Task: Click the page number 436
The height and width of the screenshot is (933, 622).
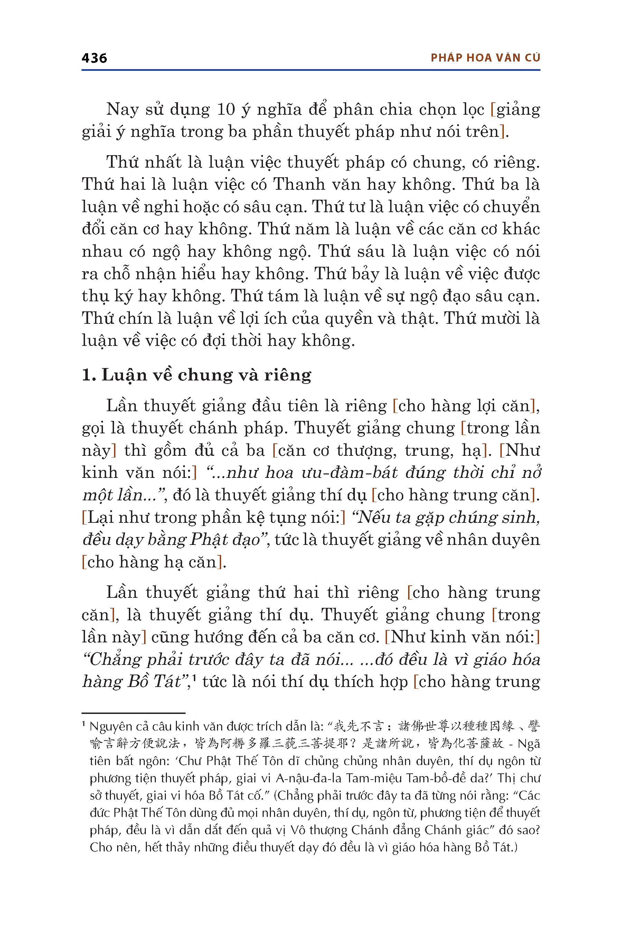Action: click(x=94, y=58)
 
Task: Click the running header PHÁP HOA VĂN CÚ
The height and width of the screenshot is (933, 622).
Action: click(x=485, y=58)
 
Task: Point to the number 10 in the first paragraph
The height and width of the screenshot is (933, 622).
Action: click(x=226, y=110)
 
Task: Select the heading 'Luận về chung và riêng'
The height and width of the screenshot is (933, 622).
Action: click(x=206, y=375)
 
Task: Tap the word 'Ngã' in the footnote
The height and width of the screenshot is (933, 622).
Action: click(x=529, y=744)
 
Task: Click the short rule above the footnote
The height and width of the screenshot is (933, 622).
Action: click(x=133, y=713)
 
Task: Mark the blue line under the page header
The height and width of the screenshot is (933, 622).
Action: click(x=311, y=70)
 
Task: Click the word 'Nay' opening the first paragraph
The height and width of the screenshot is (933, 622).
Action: click(x=122, y=110)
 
